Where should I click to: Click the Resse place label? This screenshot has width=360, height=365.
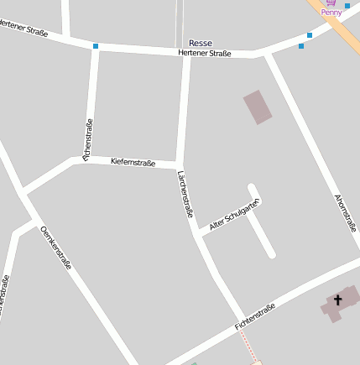click(x=201, y=43)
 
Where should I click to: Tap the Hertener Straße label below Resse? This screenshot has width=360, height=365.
click(x=204, y=53)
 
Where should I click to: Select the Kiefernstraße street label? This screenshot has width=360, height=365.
click(x=133, y=162)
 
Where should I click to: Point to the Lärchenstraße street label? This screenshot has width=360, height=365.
click(x=185, y=194)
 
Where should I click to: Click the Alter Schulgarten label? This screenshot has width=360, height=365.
click(x=235, y=214)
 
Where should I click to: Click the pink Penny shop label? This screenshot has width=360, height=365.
click(x=332, y=13)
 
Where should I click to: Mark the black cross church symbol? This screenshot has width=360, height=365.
click(x=339, y=300)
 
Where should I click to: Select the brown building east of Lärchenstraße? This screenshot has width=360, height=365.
click(x=258, y=107)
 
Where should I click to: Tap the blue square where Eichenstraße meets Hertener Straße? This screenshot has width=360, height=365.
click(x=96, y=45)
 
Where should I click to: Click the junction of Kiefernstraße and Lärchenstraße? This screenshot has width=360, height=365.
click(x=179, y=164)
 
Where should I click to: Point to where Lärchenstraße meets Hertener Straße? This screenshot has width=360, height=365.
click(x=185, y=53)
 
